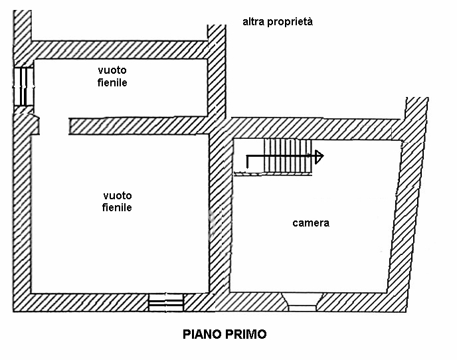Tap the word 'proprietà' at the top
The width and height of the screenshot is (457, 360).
point(290,22)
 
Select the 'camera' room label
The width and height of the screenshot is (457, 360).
point(311,223)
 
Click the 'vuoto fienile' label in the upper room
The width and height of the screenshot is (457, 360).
point(112,76)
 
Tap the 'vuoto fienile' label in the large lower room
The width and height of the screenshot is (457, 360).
point(117,201)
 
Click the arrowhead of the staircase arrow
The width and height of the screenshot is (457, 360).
point(319,157)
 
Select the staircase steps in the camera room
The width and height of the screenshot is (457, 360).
point(288,156)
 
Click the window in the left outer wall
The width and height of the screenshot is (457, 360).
point(24,86)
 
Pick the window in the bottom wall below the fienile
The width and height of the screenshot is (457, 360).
point(166,303)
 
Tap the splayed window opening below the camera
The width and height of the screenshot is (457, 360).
point(302,302)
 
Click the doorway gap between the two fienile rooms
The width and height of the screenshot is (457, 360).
point(54,126)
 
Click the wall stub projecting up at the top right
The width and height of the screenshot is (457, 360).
point(416,108)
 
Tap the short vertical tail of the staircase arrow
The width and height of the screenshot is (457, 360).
point(248,162)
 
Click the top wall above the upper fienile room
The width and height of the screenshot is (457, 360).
point(120,50)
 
